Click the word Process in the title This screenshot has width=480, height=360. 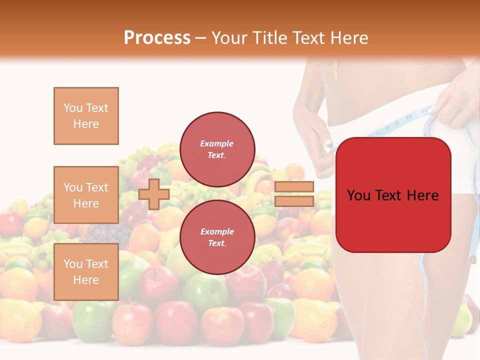157,37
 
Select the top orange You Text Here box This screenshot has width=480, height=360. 86,116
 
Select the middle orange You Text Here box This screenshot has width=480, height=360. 86,195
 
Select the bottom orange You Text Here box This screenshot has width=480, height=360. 86,272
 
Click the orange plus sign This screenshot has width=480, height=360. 154,194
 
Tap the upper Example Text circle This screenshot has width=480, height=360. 217,149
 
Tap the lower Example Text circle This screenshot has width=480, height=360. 217,237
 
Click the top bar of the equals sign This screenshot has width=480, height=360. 294,187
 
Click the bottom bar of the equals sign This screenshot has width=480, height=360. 294,201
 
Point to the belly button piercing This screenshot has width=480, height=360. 336,70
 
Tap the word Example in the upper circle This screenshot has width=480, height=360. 217,143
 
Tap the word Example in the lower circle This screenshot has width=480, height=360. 217,231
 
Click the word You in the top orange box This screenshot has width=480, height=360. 73,108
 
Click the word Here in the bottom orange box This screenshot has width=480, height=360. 86,280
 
